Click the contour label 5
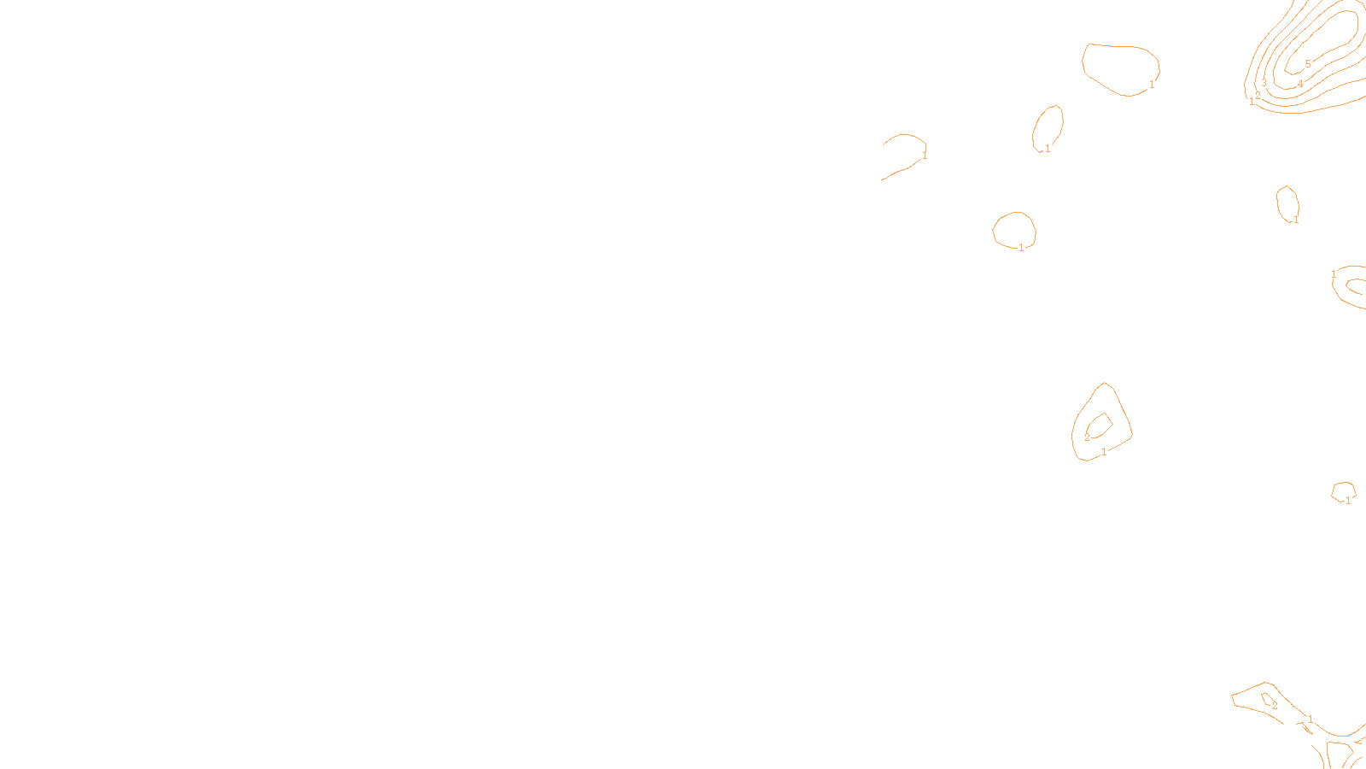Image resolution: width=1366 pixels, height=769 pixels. click(1308, 64)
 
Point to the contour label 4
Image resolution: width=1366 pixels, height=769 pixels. click(1300, 84)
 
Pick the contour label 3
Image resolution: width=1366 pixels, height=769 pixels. click(1264, 83)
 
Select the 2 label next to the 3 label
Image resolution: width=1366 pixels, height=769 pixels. click(1258, 96)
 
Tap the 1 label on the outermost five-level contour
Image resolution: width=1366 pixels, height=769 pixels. click(1252, 102)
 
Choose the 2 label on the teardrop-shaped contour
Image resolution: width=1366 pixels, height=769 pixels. click(1087, 437)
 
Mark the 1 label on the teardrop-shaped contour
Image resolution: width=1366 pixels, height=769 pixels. click(1104, 452)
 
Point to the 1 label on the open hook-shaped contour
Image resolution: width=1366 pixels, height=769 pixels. click(925, 156)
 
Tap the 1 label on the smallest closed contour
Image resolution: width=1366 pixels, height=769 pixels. click(1348, 501)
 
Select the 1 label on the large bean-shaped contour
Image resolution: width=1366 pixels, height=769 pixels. click(1152, 85)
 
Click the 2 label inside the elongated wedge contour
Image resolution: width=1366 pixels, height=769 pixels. click(1275, 707)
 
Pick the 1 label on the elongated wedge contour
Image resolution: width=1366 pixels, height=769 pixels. click(1311, 719)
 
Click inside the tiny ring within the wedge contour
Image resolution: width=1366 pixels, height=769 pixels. click(1268, 700)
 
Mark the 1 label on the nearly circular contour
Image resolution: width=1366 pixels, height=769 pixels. click(1021, 248)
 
